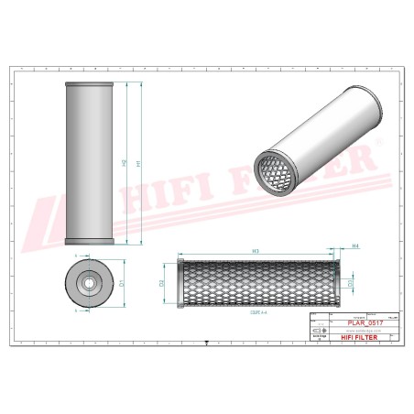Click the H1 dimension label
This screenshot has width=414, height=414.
(138, 163)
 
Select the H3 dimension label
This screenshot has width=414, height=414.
(253, 250)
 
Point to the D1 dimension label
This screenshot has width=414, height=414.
(123, 284)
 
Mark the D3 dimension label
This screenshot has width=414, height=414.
(352, 284)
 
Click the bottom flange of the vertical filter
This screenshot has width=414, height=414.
(89, 243)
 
